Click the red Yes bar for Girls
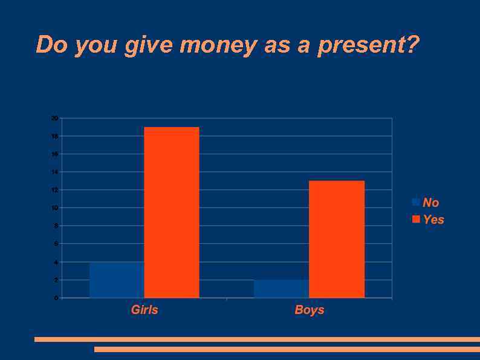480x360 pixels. click(172, 212)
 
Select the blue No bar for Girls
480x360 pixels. click(117, 280)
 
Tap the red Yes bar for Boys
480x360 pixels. click(337, 239)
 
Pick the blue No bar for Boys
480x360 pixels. click(282, 289)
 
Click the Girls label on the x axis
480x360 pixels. click(144, 310)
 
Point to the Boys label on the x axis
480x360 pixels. click(310, 310)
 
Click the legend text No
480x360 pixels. click(431, 203)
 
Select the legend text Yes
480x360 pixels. click(433, 220)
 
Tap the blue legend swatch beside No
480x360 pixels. click(416, 202)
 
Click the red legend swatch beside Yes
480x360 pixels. click(416, 219)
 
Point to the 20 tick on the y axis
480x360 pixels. click(54, 118)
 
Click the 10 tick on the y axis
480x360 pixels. click(54, 208)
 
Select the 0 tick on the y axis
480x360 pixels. click(56, 298)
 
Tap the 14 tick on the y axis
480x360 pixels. click(54, 172)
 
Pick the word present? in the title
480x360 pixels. click(368, 45)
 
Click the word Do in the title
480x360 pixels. click(51, 45)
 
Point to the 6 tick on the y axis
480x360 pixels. click(56, 244)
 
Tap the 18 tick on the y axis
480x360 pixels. click(54, 136)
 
